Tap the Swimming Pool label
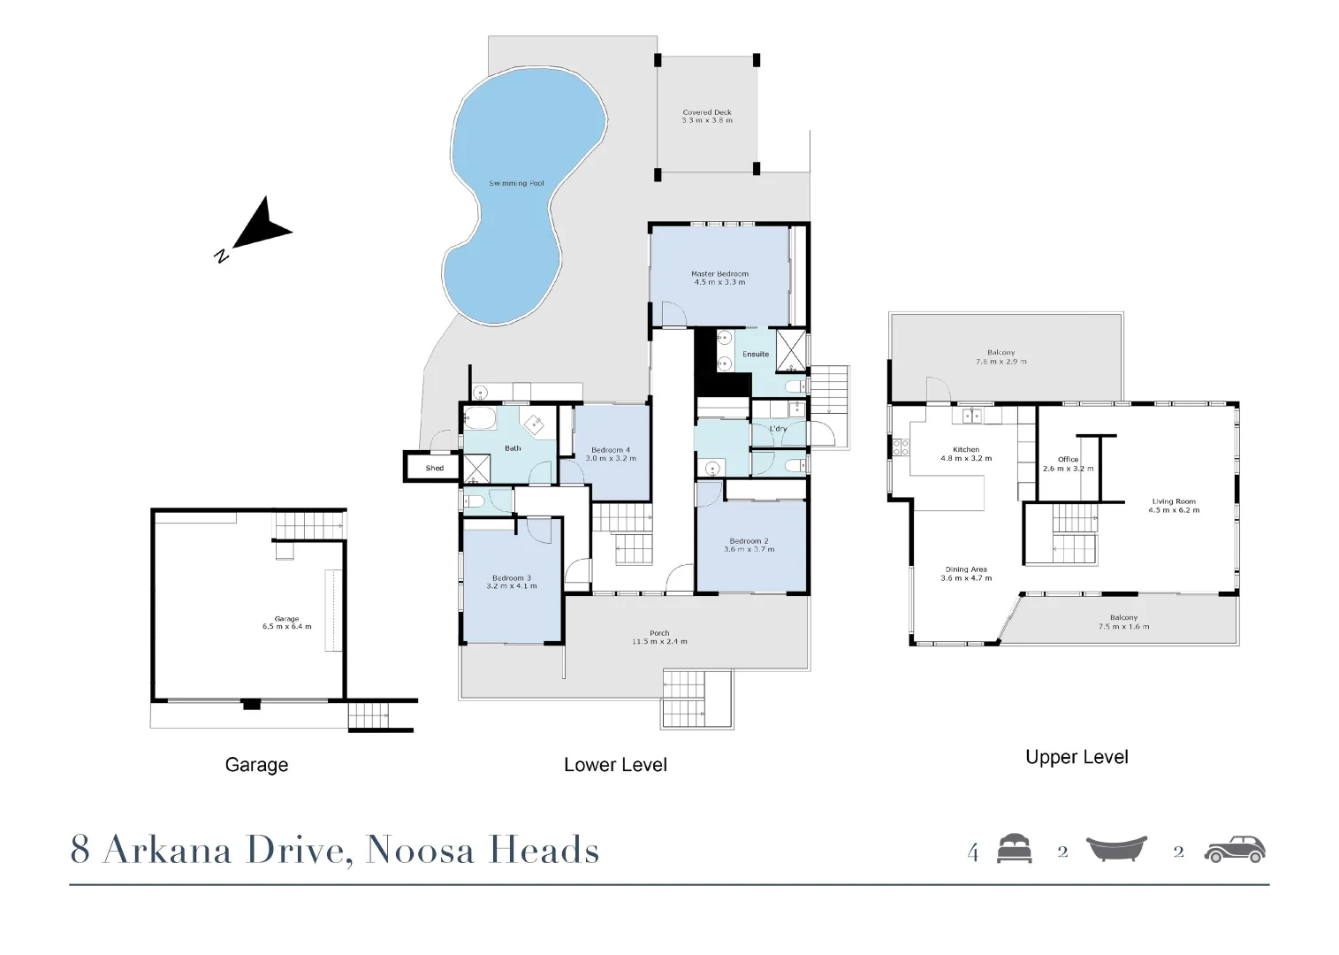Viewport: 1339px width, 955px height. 516,184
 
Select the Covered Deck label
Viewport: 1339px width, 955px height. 707,113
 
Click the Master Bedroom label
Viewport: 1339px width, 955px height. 719,274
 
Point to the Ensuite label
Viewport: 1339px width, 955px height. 756,355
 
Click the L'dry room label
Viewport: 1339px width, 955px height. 778,429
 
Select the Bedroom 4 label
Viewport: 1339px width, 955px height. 611,450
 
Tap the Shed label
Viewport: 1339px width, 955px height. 435,468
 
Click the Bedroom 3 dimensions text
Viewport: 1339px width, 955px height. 512,586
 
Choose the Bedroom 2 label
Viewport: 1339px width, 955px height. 749,541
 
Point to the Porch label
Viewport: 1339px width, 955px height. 659,633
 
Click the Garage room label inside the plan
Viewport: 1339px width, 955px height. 286,619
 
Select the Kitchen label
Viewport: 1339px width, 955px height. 966,450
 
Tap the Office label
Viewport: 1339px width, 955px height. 1068,460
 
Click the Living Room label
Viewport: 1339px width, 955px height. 1174,501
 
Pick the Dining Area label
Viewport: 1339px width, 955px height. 966,569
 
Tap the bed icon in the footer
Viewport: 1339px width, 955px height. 1014,849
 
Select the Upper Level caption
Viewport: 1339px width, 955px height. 1077,757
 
